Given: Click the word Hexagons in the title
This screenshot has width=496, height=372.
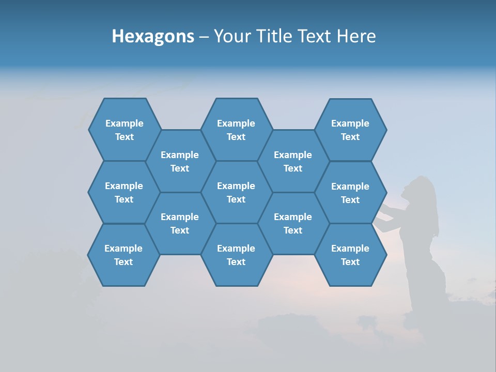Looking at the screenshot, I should pyautogui.click(x=153, y=36).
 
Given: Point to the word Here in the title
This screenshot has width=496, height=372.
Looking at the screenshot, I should pyautogui.click(x=357, y=36).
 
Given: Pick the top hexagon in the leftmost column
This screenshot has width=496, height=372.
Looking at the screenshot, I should pyautogui.click(x=125, y=130).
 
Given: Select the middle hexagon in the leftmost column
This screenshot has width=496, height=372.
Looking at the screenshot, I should pyautogui.click(x=124, y=192).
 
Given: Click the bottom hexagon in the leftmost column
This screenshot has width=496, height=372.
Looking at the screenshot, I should pyautogui.click(x=123, y=255).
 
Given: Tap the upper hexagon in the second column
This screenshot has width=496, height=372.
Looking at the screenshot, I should pyautogui.click(x=180, y=161).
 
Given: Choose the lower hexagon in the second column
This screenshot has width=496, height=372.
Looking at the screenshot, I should pyautogui.click(x=180, y=223).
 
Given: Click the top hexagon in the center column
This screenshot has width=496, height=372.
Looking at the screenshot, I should pyautogui.click(x=236, y=130).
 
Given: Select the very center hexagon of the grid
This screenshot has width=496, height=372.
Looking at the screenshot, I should pyautogui.click(x=236, y=192).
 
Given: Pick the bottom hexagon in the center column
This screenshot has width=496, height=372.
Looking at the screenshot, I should pyautogui.click(x=236, y=255).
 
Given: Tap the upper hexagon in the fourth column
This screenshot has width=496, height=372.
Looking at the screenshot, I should pyautogui.click(x=293, y=161).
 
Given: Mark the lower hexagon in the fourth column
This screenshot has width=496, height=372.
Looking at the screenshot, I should pyautogui.click(x=293, y=223).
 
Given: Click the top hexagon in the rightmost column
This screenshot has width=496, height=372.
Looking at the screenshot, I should pyautogui.click(x=350, y=130).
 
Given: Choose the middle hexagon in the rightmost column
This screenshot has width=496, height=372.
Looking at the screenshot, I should pyautogui.click(x=350, y=193).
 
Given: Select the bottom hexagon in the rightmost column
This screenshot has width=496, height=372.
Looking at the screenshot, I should pyautogui.click(x=350, y=255).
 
